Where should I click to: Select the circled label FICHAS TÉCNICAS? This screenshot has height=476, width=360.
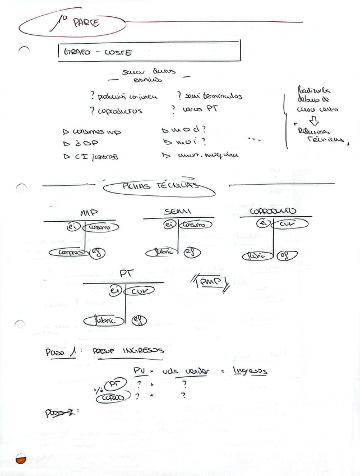click(159, 186)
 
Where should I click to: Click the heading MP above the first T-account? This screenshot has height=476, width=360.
click(89, 214)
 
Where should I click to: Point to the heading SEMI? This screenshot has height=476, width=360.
click(178, 211)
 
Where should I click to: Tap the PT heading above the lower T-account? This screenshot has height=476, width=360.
click(126, 274)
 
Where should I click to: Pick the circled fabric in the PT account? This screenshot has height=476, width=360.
click(101, 321)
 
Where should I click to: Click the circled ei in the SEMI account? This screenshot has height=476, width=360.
click(169, 225)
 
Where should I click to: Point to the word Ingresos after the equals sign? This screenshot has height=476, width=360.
click(250, 371)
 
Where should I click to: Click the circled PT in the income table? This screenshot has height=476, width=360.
click(114, 384)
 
